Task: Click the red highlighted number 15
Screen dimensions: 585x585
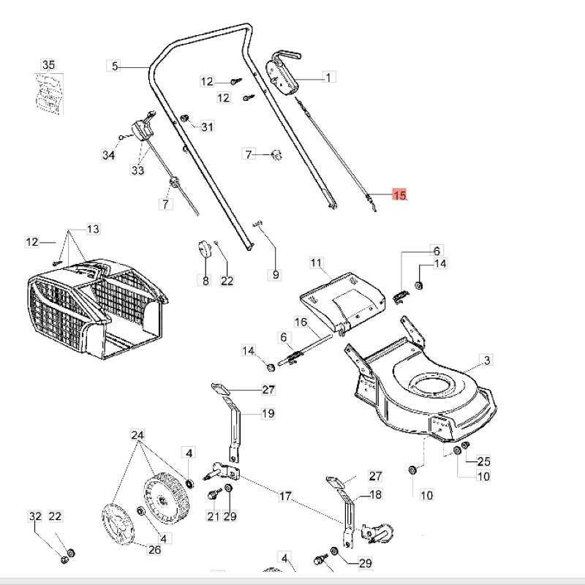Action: click(399, 195)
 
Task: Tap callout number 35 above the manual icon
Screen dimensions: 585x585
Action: click(48, 65)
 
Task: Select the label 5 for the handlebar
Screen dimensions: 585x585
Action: click(114, 66)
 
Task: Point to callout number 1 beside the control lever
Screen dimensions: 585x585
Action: click(328, 77)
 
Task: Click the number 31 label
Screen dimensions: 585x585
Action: click(208, 127)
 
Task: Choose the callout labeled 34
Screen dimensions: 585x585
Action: click(109, 155)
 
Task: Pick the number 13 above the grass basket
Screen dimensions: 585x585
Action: click(93, 230)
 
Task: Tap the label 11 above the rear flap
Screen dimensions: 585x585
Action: click(316, 263)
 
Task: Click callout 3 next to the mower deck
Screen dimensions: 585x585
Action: click(487, 360)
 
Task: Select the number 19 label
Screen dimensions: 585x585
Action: click(268, 414)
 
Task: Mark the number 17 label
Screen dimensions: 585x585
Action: click(285, 497)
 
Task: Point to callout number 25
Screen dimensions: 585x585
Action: click(483, 461)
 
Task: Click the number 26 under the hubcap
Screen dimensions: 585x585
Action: click(155, 550)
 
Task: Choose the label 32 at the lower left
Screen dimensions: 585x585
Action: click(35, 517)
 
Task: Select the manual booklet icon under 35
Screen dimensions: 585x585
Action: click(48, 94)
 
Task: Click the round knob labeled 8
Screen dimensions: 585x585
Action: click(204, 251)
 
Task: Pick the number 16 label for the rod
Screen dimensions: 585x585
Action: click(301, 322)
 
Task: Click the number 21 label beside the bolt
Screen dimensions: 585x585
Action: click(213, 517)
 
